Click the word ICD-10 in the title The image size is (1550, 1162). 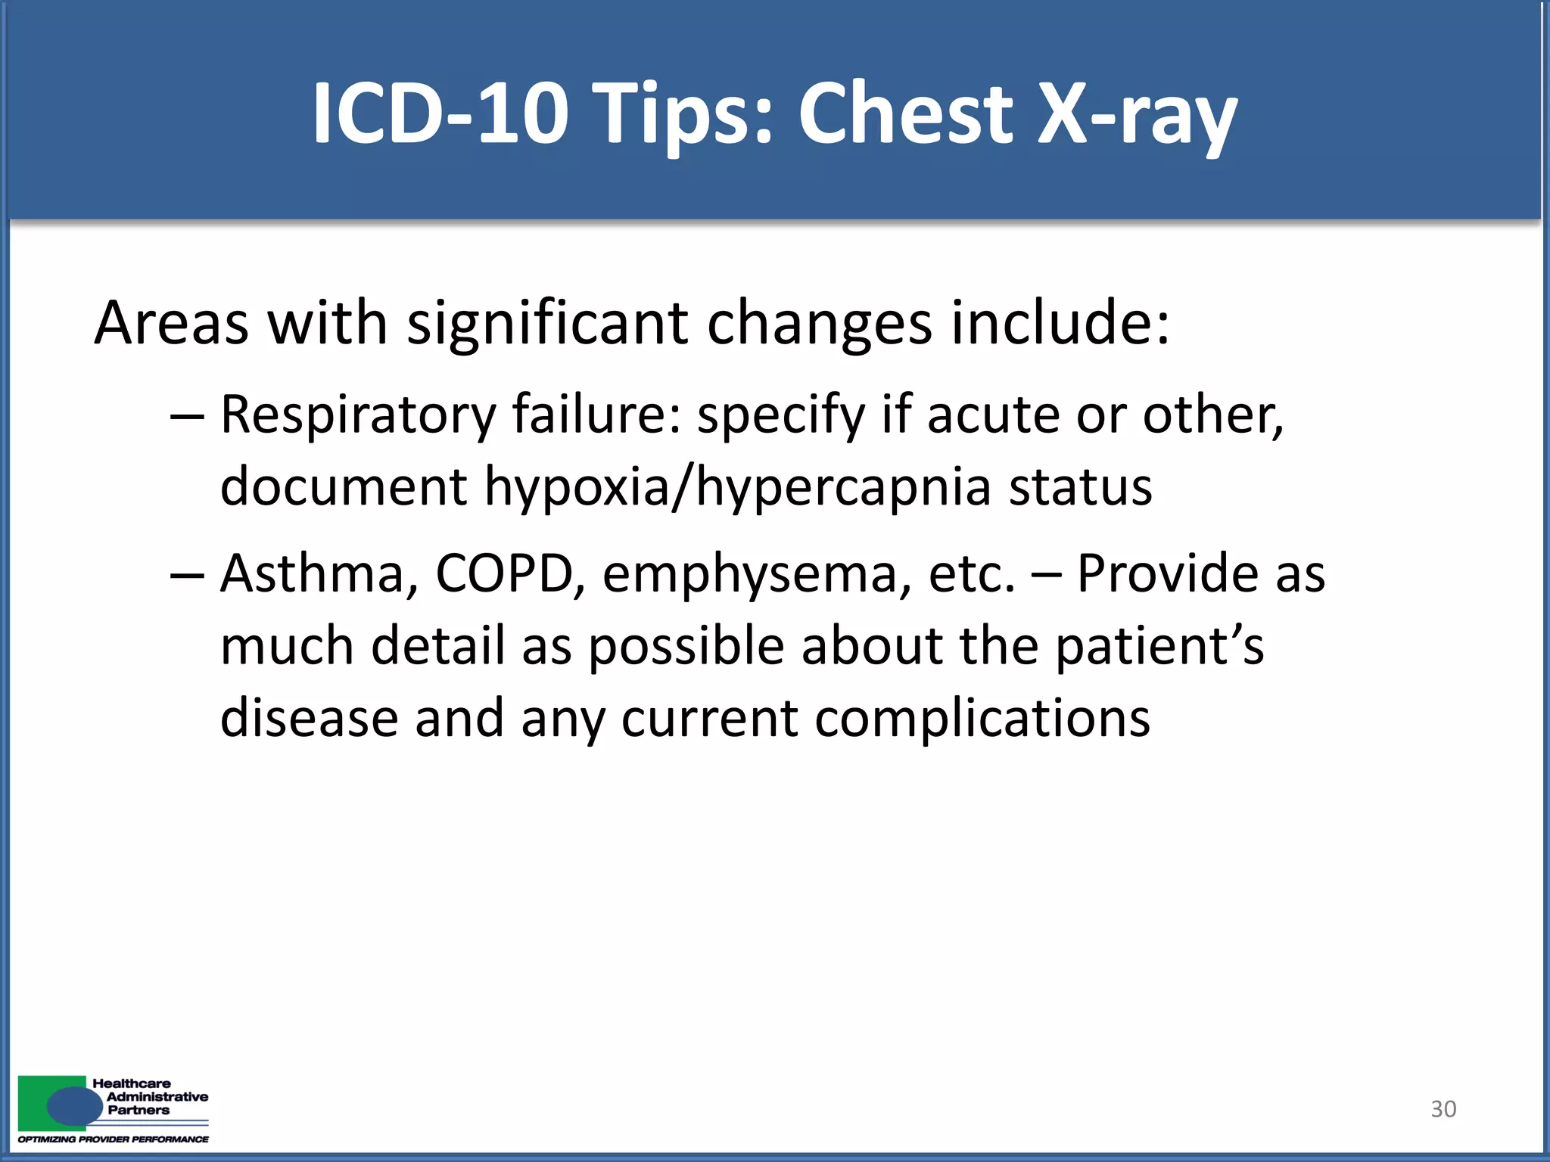coord(440,113)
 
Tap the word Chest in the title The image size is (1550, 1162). coord(905,113)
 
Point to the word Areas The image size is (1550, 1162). coord(171,323)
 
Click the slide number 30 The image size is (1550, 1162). coord(1443,1109)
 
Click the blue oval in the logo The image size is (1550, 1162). coord(74,1107)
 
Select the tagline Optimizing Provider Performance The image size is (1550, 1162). coord(114,1139)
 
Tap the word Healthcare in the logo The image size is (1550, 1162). coord(132,1083)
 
